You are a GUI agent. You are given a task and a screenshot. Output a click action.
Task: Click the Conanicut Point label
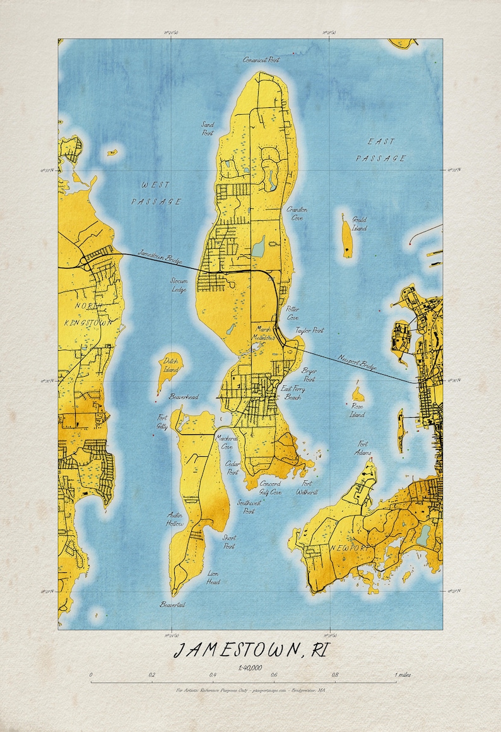tap(262, 60)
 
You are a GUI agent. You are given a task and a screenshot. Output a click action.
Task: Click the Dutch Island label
tap(170, 364)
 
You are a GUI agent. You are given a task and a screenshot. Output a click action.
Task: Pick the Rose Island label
tap(358, 410)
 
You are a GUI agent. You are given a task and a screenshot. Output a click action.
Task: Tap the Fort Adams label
tap(363, 447)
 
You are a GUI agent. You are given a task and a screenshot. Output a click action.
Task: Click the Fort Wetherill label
tap(306, 487)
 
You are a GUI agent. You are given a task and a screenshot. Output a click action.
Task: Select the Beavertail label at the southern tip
tap(172, 605)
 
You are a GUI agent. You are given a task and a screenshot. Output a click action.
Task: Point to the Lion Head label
tap(214, 577)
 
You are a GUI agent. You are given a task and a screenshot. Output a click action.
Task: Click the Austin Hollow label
tap(175, 519)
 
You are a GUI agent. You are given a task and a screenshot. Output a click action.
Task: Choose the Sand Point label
tap(208, 129)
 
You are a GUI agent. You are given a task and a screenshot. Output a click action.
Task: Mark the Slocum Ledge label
tap(179, 285)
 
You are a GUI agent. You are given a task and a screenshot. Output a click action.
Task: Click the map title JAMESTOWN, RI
tap(252, 650)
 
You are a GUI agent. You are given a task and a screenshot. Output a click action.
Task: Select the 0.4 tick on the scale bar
tap(213, 675)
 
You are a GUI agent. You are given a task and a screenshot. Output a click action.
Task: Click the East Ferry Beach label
tap(293, 393)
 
